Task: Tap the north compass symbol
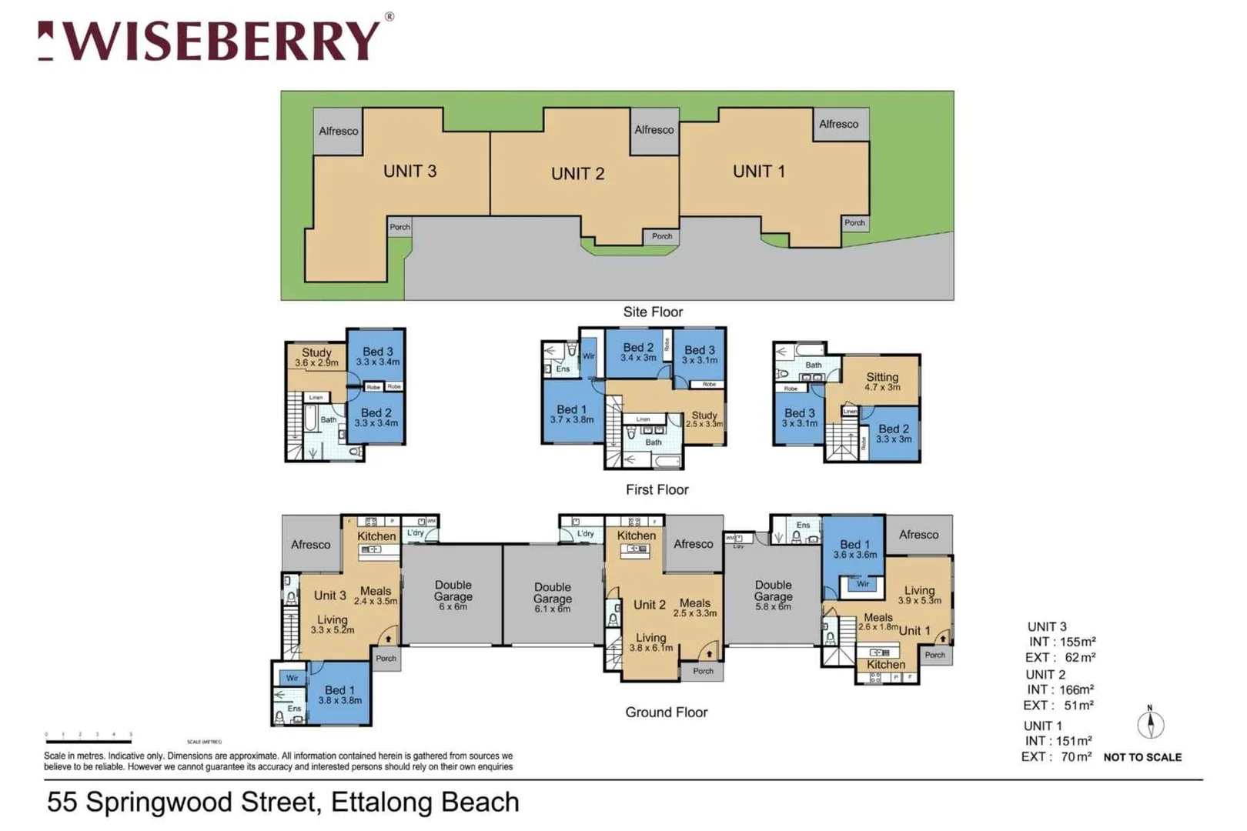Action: tap(1150, 723)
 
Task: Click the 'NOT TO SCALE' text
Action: tap(1142, 757)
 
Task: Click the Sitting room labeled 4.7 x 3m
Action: tap(882, 381)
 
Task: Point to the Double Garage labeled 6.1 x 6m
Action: tap(552, 597)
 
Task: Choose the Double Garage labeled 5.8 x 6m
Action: tap(773, 596)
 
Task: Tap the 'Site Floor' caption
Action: tap(653, 312)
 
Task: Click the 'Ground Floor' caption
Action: tap(666, 712)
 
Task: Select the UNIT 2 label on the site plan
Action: tap(577, 174)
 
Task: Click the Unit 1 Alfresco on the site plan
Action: tap(839, 124)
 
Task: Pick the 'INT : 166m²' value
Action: tap(1060, 689)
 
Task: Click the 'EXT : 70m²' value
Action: tap(1056, 756)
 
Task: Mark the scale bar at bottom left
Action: tap(89, 740)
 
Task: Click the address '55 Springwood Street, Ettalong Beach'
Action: tap(283, 802)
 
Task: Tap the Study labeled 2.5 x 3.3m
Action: tap(704, 419)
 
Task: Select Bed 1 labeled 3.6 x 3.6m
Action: tap(854, 549)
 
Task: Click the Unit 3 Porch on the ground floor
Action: tap(386, 658)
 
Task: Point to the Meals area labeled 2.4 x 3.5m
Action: tap(376, 596)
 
